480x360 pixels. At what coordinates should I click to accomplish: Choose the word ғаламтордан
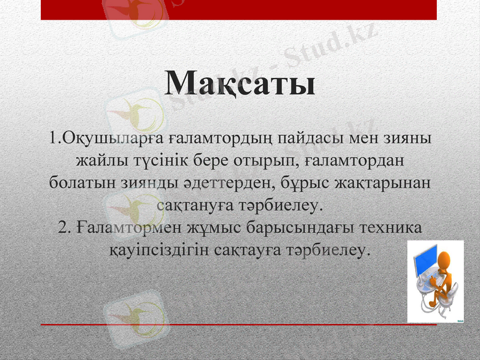point(354,161)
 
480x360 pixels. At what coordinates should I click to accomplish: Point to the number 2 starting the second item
point(64,228)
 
